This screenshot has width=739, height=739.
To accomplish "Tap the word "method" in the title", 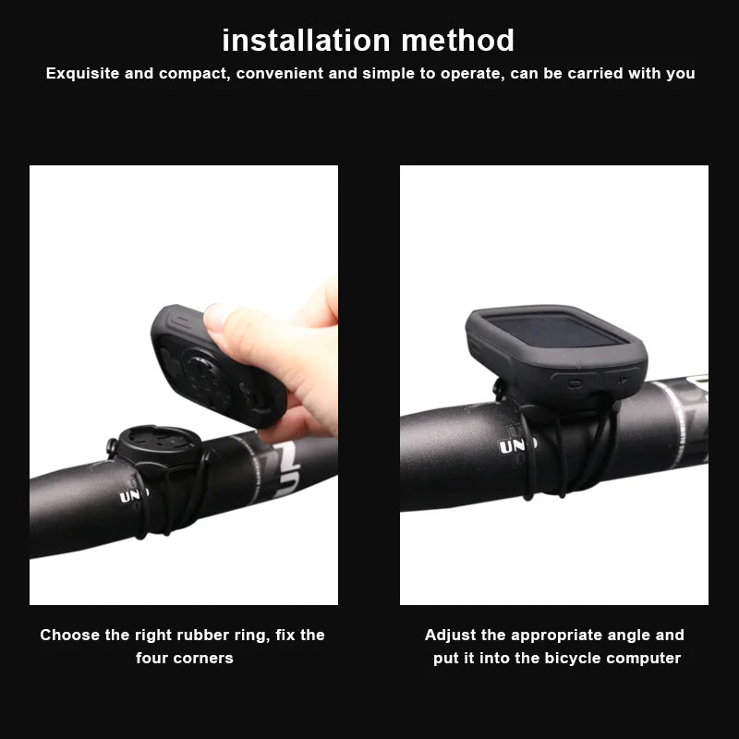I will click(458, 41).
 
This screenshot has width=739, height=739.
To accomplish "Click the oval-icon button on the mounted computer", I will click(575, 382).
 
